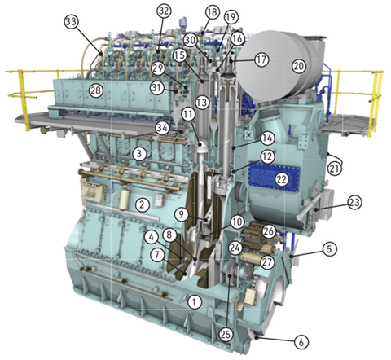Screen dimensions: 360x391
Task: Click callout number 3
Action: click(x=141, y=152)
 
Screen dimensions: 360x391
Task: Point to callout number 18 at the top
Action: click(x=213, y=12)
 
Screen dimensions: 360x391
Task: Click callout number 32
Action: click(x=165, y=11)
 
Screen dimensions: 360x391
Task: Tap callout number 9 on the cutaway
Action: click(x=183, y=214)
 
